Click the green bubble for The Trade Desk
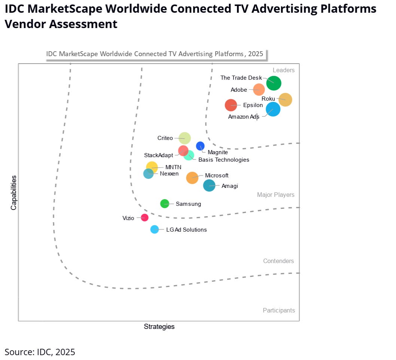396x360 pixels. click(274, 83)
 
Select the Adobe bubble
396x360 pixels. click(259, 89)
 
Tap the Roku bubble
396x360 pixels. click(285, 100)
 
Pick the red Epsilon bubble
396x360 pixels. click(231, 105)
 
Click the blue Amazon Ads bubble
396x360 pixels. click(273, 109)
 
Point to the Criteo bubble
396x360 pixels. click(184, 138)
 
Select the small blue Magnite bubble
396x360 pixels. click(200, 146)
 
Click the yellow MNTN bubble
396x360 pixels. click(152, 167)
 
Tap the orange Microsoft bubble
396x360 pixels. click(192, 178)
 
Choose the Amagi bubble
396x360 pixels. click(209, 185)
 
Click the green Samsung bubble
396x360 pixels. click(164, 204)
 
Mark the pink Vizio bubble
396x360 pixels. click(144, 217)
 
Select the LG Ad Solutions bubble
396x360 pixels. click(155, 229)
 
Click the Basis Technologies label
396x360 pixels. click(223, 160)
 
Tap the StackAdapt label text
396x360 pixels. click(159, 155)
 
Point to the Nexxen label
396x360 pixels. click(169, 174)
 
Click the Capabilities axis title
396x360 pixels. click(14, 192)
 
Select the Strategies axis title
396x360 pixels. click(159, 327)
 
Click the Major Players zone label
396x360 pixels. click(275, 195)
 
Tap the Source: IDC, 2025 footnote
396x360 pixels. click(40, 352)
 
